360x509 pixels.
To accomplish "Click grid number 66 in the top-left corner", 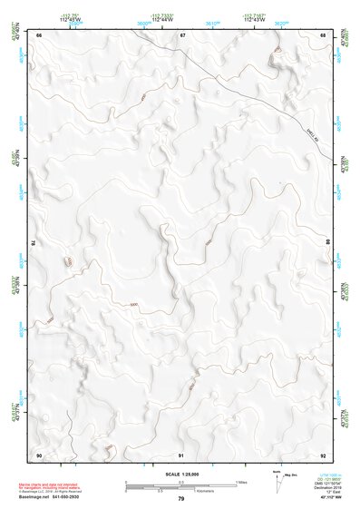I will pos(39,34).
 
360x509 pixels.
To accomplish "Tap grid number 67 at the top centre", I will pos(182,34).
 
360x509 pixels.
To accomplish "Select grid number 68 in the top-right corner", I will pos(324,34).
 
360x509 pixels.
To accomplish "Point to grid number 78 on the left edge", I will pos(35,243).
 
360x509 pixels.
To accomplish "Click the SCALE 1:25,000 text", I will pos(180,474).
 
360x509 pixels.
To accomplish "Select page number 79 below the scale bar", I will pos(180,499).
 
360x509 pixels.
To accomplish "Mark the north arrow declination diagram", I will pos(277,482).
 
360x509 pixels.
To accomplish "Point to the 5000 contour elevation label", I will pos(134,305).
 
